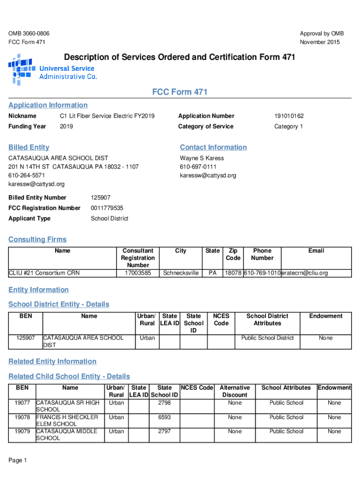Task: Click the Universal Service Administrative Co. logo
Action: (52, 71)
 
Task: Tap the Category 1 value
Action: (288, 126)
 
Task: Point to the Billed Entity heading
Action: (29, 147)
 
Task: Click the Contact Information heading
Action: (213, 147)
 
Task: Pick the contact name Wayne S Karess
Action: (202, 158)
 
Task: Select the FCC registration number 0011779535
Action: (107, 208)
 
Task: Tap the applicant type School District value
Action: (109, 218)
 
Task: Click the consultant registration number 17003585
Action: (137, 273)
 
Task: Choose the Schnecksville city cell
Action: (180, 273)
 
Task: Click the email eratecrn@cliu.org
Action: (304, 273)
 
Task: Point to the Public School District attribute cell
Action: (267, 338)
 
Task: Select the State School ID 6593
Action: (164, 417)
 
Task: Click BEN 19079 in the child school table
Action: (22, 431)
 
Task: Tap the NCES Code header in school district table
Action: (221, 319)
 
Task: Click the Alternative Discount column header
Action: (235, 391)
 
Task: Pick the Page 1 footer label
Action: (18, 460)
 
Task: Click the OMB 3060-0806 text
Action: (29, 34)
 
